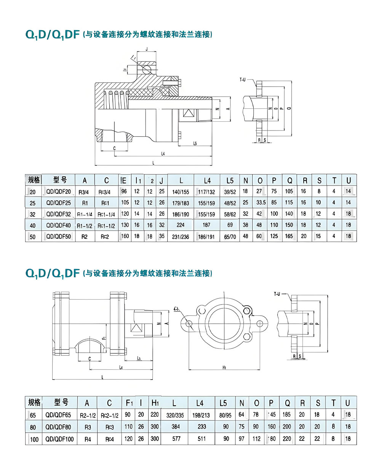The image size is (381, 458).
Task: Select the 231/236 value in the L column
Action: pyautogui.click(x=181, y=237)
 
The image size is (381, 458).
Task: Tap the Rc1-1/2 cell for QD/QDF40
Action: pyautogui.click(x=106, y=225)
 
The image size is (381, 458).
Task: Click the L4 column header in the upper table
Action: pyautogui.click(x=207, y=180)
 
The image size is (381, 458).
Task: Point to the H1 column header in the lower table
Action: pyautogui.click(x=155, y=403)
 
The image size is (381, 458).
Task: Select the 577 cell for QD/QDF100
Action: pyautogui.click(x=176, y=439)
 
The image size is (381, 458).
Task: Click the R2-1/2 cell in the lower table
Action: pyautogui.click(x=87, y=415)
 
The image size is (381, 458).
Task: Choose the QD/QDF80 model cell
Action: pyautogui.click(x=58, y=427)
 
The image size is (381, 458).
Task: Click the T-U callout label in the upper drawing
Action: pyautogui.click(x=243, y=80)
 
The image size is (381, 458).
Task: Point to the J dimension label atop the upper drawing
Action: pyautogui.click(x=147, y=49)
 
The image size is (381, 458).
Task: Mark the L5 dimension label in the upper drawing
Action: pyautogui.click(x=195, y=143)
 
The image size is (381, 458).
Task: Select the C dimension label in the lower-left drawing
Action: pyautogui.click(x=89, y=359)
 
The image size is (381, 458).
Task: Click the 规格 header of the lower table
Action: pyautogui.click(x=34, y=402)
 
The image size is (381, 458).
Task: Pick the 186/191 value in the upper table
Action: pyautogui.click(x=207, y=237)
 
